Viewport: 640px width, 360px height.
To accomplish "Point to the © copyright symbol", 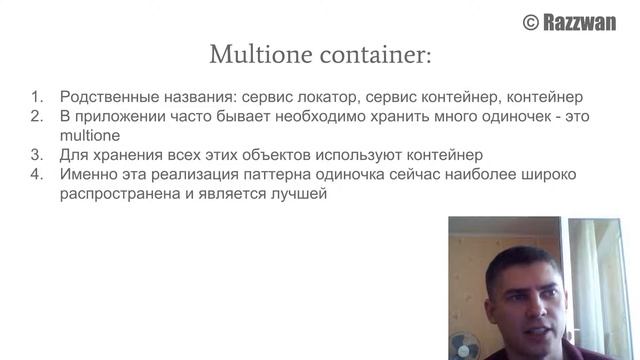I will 531,22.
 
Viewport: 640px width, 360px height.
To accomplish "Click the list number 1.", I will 36,98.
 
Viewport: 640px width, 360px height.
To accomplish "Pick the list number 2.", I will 36,117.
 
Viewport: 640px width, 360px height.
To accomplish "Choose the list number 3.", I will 36,155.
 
